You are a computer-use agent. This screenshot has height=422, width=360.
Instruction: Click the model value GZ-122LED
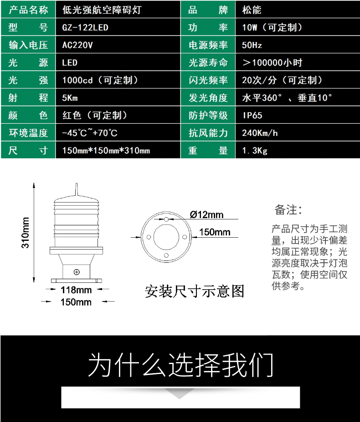(x=85, y=27)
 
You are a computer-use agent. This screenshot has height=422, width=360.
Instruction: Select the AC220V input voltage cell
(x=77, y=45)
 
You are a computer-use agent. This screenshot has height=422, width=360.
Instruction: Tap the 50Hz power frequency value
(x=252, y=45)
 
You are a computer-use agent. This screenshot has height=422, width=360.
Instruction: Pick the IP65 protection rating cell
(x=252, y=115)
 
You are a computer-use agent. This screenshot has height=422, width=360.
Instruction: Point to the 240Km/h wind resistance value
(x=260, y=133)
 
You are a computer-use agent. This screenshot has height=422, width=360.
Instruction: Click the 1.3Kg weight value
(x=255, y=151)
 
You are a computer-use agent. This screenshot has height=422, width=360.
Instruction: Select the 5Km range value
(x=70, y=98)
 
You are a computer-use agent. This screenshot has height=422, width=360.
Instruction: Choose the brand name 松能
(x=252, y=10)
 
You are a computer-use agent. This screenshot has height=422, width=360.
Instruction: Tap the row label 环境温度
(x=28, y=133)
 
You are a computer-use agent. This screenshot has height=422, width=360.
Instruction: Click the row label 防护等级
(x=208, y=115)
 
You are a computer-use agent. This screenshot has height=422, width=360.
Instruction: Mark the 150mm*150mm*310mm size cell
(x=106, y=151)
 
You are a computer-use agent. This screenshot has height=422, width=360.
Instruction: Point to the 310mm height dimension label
(x=25, y=233)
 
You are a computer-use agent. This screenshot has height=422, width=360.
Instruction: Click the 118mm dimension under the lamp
(x=76, y=290)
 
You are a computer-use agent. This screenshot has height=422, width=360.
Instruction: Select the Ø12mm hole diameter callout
(x=206, y=214)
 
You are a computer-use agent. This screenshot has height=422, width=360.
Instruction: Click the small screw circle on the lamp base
(x=77, y=272)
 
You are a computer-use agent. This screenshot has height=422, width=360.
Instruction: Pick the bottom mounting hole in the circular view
(x=166, y=255)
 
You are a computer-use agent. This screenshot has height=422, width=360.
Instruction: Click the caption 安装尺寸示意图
(x=195, y=291)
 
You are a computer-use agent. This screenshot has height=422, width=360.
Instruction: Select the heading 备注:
(x=288, y=210)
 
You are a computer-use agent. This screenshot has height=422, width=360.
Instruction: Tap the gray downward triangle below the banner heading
(x=180, y=393)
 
